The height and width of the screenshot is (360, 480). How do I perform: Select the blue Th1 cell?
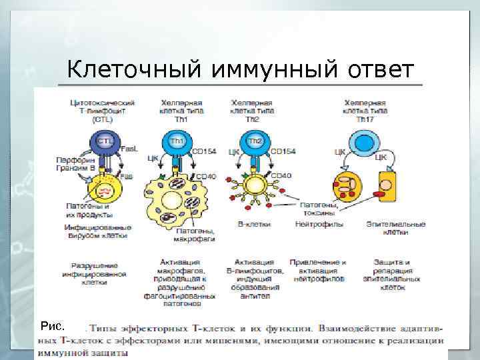pos(177,143)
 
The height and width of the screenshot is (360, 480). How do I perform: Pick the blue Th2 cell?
pos(255,143)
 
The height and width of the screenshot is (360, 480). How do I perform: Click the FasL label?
pos(129,151)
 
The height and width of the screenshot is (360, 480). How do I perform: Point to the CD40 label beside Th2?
pos(281,176)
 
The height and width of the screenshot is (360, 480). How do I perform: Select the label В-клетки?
pos(254,225)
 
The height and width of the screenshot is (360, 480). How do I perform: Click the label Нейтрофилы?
pos(324,225)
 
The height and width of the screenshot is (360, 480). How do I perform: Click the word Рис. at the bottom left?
pos(52,326)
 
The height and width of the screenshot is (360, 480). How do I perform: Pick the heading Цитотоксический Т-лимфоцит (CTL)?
pos(103,111)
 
